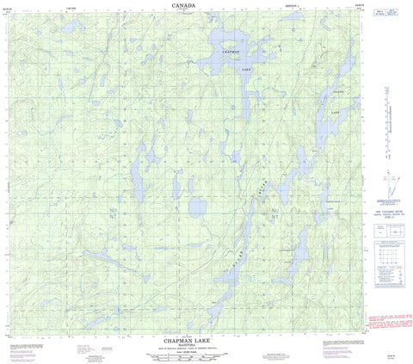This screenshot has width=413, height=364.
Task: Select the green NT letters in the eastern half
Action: [274, 216]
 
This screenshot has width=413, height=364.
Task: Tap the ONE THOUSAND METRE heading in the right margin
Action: [386, 213]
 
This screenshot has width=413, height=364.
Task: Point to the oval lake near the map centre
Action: [196, 207]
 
